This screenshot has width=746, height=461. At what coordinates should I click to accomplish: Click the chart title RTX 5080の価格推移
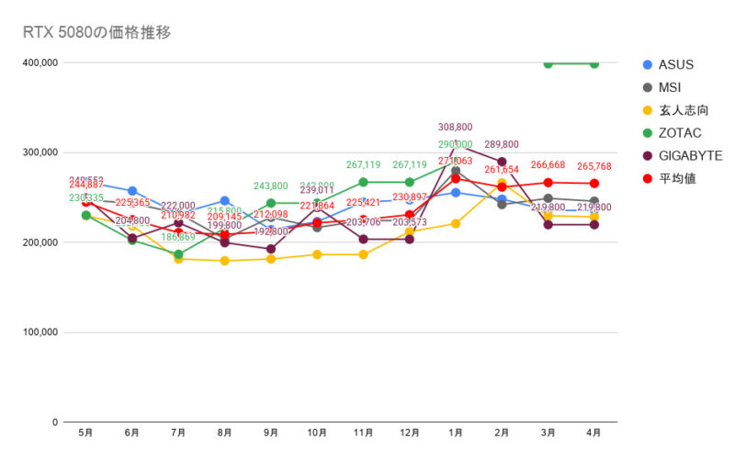96,32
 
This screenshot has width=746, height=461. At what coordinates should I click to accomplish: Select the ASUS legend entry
675,64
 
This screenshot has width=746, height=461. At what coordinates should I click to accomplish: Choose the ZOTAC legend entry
679,133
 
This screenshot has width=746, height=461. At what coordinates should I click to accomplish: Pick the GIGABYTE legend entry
689,155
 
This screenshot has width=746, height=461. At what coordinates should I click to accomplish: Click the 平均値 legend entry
676,178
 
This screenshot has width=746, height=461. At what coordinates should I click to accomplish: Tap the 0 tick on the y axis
56,422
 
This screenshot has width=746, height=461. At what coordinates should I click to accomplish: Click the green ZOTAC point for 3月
548,63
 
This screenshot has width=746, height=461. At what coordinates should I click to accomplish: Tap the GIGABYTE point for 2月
502,162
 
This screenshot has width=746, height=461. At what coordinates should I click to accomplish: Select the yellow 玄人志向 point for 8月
225,261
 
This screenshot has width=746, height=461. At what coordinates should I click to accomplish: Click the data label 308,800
456,128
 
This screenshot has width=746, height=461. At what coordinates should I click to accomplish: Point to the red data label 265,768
594,166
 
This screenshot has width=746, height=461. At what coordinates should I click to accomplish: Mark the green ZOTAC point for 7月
179,254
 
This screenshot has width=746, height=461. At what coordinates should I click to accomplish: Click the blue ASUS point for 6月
132,191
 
